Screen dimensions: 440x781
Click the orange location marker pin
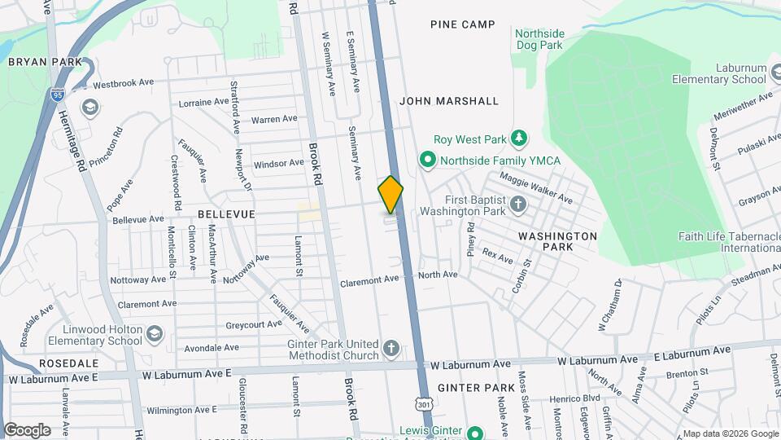point(391,195)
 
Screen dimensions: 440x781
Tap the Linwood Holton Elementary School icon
point(155,333)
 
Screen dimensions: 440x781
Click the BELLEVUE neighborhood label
point(226,213)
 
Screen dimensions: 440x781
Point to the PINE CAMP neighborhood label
point(463,24)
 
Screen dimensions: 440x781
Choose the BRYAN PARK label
point(46,62)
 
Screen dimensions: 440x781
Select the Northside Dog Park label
point(539,39)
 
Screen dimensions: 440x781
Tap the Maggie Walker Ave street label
point(536,188)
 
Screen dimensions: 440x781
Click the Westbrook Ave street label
point(124,83)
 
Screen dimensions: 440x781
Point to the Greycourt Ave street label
point(252,323)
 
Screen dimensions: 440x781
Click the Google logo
point(27,429)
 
